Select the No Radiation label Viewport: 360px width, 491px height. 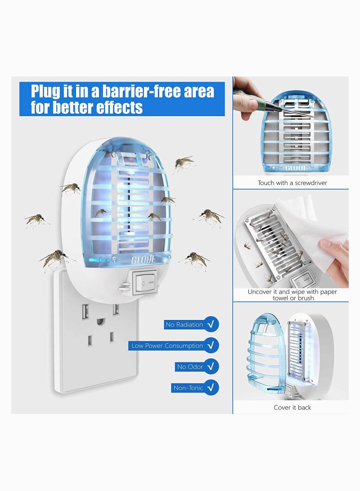[184, 324]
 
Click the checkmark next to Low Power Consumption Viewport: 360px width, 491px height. [211, 346]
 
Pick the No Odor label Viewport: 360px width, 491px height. [190, 367]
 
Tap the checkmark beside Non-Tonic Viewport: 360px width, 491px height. [211, 388]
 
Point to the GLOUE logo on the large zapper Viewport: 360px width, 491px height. [144, 260]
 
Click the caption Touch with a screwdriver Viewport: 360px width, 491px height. [292, 183]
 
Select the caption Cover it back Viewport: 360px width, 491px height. [292, 407]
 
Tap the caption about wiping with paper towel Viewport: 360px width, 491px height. [292, 295]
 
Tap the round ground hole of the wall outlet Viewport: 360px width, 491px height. [100, 323]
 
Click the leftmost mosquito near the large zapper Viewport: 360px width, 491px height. [36, 220]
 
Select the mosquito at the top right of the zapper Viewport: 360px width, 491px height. [184, 163]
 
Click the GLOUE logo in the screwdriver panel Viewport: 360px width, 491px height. [296, 168]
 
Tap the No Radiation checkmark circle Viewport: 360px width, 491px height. [211, 324]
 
